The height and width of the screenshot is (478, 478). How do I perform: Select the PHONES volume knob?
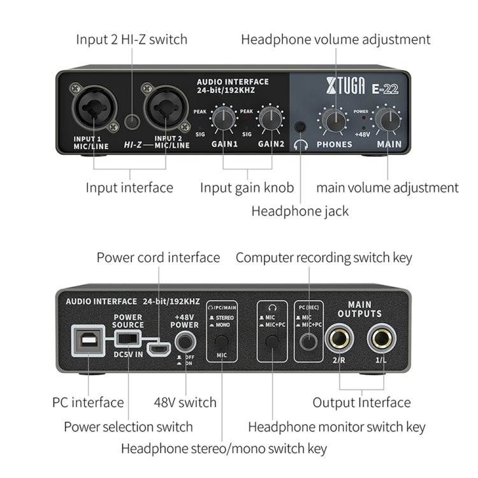coord(333,119)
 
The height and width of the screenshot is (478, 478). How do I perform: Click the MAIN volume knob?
coord(387,119)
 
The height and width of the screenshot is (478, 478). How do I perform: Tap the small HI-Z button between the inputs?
coord(132,120)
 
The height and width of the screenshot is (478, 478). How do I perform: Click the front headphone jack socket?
coord(300,126)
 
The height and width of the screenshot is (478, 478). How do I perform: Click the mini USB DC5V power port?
coord(157,349)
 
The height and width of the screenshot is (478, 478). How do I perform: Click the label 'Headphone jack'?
coord(300,210)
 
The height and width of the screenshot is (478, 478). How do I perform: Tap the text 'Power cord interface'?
coord(158,257)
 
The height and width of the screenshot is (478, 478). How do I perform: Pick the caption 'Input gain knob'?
coord(247,187)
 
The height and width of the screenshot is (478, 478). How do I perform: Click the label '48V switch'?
coord(185,402)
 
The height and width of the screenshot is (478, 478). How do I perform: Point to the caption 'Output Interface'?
coord(361,402)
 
